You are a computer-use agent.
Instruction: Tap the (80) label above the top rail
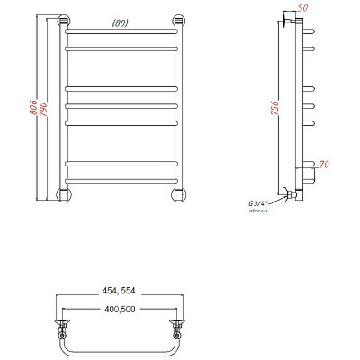120,24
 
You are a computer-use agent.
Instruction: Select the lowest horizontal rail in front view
121,178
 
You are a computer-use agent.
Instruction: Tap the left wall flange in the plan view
63,319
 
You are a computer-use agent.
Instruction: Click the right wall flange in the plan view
179,319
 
